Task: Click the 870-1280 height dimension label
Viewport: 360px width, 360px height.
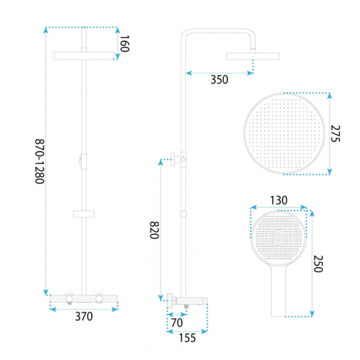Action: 40,161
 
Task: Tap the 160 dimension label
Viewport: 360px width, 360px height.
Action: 125,43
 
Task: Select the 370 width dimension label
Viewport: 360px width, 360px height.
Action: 84,316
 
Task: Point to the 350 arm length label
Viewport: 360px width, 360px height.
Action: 219,80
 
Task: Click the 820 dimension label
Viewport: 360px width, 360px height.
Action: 154,230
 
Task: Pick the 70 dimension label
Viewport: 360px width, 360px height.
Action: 177,323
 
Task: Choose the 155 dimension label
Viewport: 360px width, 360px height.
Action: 187,338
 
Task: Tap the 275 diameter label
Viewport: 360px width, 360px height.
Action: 335,134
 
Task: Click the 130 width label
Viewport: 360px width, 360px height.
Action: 278,200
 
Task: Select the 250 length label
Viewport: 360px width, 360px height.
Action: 318,263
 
